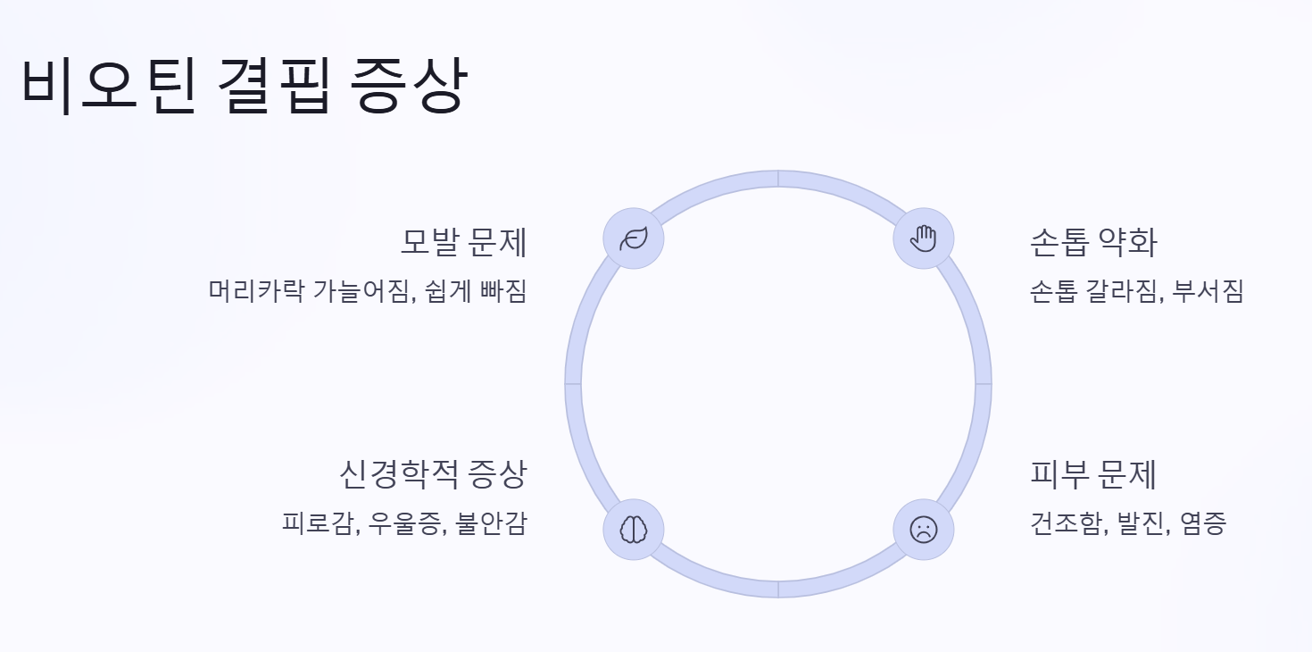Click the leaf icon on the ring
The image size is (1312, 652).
(x=633, y=238)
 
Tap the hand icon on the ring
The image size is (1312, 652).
(x=924, y=238)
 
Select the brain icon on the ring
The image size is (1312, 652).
(x=633, y=530)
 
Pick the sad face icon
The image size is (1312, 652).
(x=924, y=530)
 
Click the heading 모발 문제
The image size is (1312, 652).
(x=463, y=242)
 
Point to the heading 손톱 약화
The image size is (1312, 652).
(x=1093, y=242)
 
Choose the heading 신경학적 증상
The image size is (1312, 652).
(x=433, y=473)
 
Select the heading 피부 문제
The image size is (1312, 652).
(x=1093, y=473)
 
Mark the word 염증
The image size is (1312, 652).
(x=1203, y=523)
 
